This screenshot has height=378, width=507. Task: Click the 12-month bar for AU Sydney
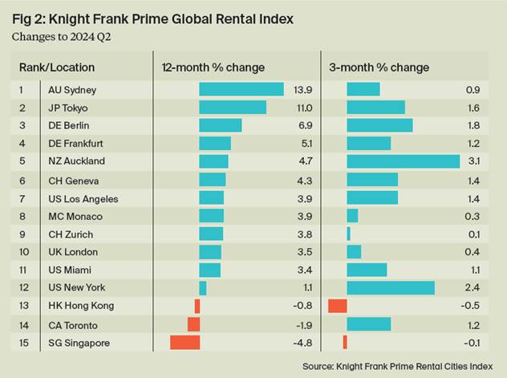click(241, 88)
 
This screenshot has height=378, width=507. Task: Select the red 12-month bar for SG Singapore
click(185, 343)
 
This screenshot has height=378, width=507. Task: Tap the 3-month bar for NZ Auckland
click(403, 161)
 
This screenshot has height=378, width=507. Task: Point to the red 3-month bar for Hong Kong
click(338, 306)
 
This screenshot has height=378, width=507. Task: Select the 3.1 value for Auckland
click(474, 161)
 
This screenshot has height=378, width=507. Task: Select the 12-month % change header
click(213, 67)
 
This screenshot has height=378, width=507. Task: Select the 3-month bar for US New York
click(391, 287)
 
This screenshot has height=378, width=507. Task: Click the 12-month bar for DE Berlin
click(221, 125)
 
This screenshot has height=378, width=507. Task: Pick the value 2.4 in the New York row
click(474, 288)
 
